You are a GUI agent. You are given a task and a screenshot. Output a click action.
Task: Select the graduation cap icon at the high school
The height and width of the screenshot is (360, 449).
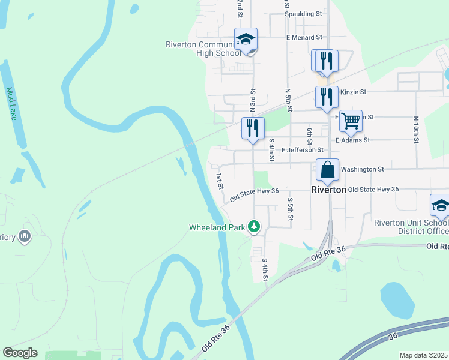coord(246,40)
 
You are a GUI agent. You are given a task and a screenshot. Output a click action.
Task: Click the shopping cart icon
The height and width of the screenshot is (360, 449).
coord(351,121)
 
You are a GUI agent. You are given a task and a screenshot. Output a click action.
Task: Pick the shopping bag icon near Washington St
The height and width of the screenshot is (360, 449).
coord(328,170)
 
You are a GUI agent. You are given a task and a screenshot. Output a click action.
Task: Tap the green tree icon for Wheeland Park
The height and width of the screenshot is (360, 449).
coord(255,226)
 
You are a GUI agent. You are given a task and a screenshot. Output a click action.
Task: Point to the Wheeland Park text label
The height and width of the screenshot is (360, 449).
coord(217,227)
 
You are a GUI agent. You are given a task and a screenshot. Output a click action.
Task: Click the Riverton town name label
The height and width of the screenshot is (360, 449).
coord(328,190)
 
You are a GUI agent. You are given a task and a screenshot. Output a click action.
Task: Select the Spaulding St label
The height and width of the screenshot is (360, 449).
coord(303,14)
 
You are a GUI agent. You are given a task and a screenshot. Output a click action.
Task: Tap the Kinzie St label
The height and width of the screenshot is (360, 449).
coord(353,92)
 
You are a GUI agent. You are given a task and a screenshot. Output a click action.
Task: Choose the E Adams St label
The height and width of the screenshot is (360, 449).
coord(353,140)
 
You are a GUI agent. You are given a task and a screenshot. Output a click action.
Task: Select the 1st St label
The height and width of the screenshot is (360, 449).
coord(220,179)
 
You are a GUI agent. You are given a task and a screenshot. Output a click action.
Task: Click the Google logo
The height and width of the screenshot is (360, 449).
coord(20,353)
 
